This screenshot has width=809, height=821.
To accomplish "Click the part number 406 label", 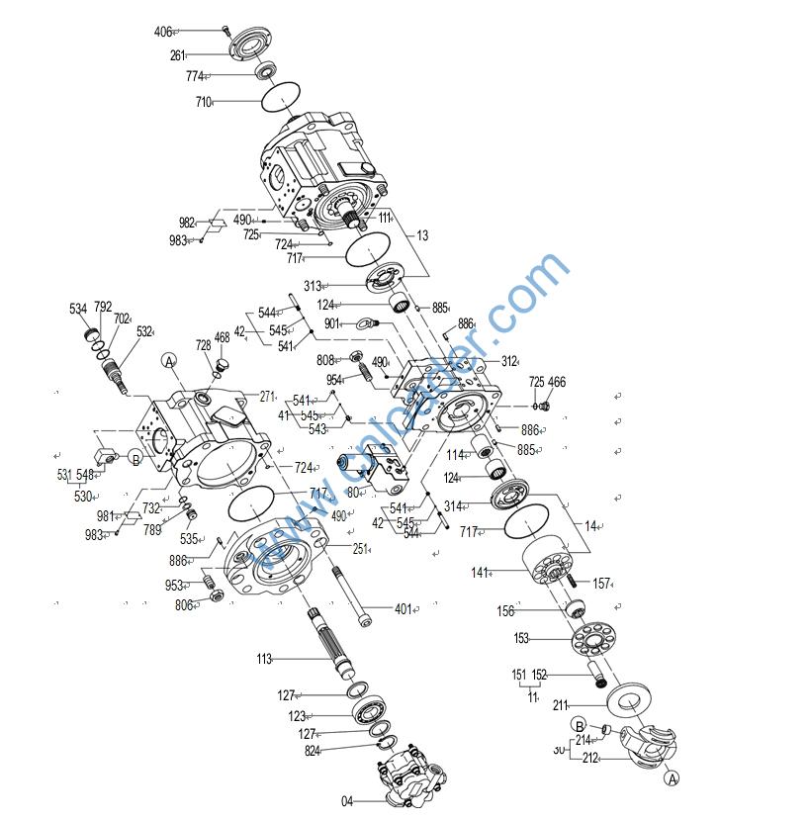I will coord(163,32).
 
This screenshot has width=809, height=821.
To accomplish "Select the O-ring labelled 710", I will coord(284,97).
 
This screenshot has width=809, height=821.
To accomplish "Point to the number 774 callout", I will coord(194,76).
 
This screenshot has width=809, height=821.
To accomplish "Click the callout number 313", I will coord(313,287).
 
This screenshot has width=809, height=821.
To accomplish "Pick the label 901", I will coord(332,323).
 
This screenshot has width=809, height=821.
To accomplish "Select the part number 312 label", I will coord(509,361).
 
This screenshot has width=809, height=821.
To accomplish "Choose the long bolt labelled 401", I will coord(403,609).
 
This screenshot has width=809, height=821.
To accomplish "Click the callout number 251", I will coord(361,549).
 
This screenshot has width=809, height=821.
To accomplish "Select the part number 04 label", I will coord(347,801).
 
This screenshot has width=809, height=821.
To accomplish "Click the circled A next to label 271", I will coord(169,362).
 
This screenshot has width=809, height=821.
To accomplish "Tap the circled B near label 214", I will coord(581,726).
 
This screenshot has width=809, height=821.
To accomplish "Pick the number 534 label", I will coord(78,310).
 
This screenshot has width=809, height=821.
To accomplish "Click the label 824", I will coord(314,751).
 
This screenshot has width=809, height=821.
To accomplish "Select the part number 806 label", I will coord(185,605).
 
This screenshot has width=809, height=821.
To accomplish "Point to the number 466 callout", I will coord(557,382).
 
